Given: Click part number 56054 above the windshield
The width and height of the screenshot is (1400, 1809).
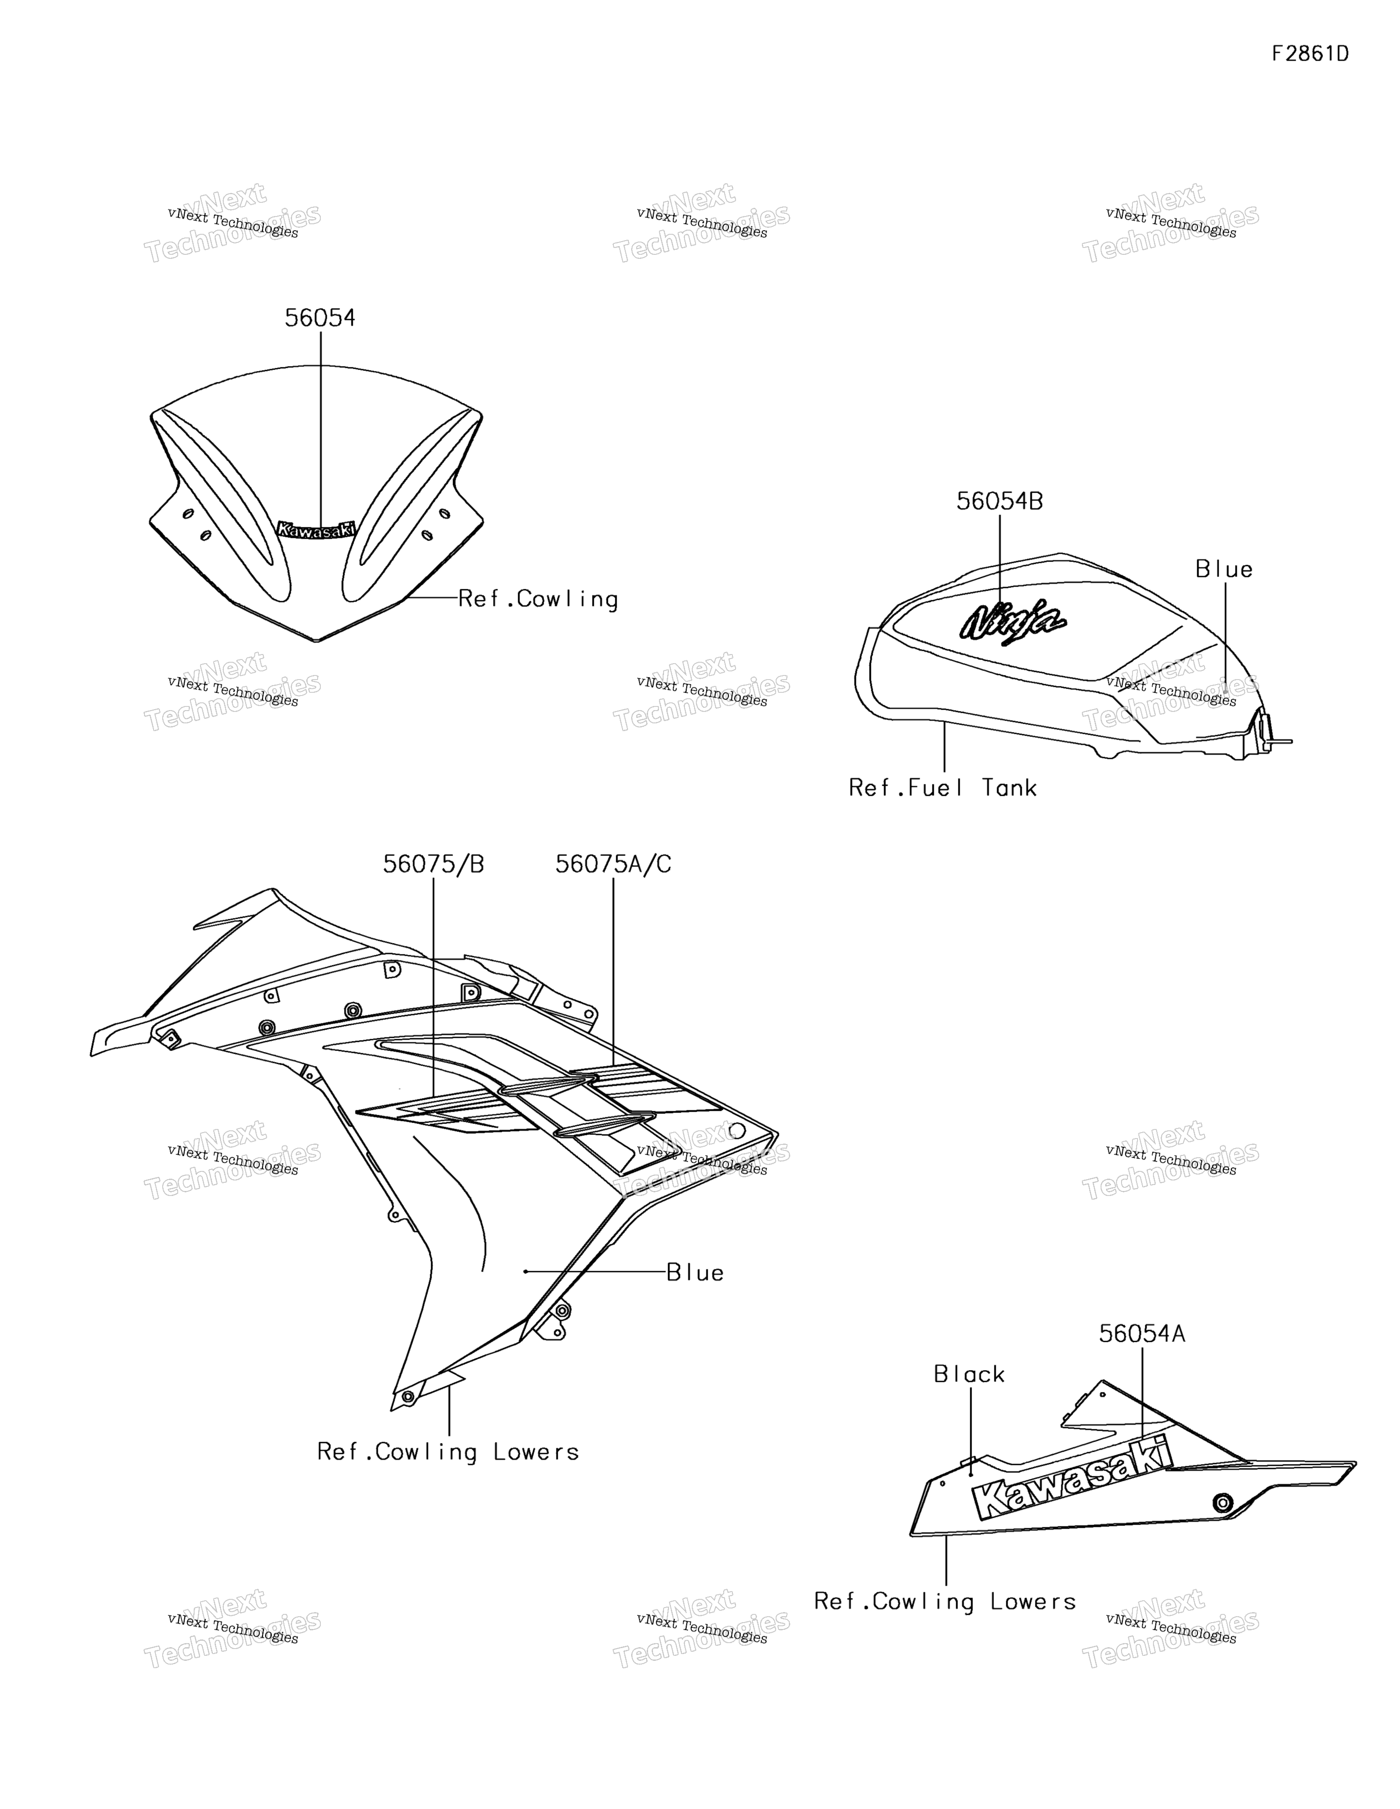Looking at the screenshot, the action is click(320, 318).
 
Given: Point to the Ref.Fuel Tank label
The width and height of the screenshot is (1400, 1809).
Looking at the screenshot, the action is click(943, 788).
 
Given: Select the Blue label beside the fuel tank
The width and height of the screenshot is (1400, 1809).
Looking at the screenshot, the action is click(1224, 569).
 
